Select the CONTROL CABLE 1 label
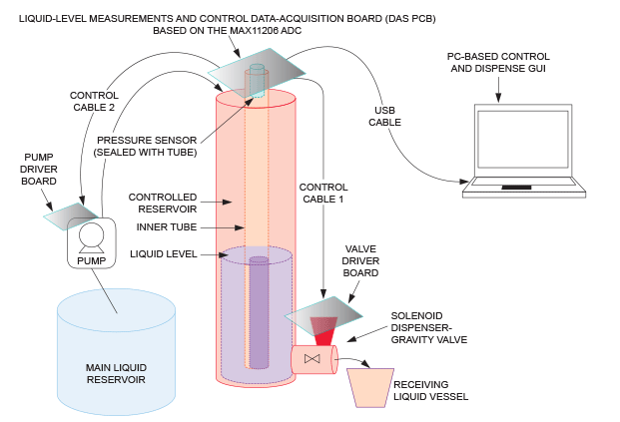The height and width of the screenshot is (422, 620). [x=323, y=193]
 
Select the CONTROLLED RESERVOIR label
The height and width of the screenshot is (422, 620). [x=165, y=203]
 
